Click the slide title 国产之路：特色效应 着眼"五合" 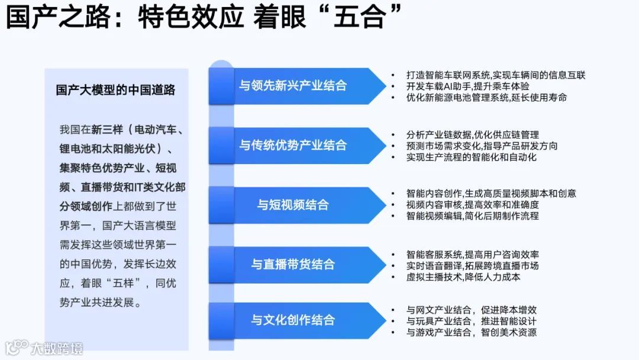pyautogui.click(x=205, y=17)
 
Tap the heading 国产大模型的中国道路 pyautogui.click(x=115, y=90)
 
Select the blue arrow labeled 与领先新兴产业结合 pyautogui.click(x=293, y=85)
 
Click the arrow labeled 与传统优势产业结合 pyautogui.click(x=293, y=145)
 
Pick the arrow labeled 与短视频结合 pyautogui.click(x=293, y=205)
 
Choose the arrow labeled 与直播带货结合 pyautogui.click(x=293, y=264)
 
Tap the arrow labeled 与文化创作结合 pyautogui.click(x=293, y=320)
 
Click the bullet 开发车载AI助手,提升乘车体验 pyautogui.click(x=467, y=86)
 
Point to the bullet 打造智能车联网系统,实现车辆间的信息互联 pyautogui.click(x=495, y=75)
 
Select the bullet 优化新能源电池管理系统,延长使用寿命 pyautogui.click(x=486, y=97)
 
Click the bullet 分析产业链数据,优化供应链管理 pyautogui.click(x=472, y=134)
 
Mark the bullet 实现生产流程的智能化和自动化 pyautogui.click(x=472, y=157)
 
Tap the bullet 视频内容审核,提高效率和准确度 pyautogui.click(x=472, y=205)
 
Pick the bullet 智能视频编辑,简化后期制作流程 pyautogui.click(x=472, y=216)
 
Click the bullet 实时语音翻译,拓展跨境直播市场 pyautogui.click(x=472, y=265)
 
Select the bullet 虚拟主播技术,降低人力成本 pyautogui.click(x=463, y=277)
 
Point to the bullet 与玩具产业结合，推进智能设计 pyautogui.click(x=471, y=321)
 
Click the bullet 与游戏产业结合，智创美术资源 pyautogui.click(x=471, y=332)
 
